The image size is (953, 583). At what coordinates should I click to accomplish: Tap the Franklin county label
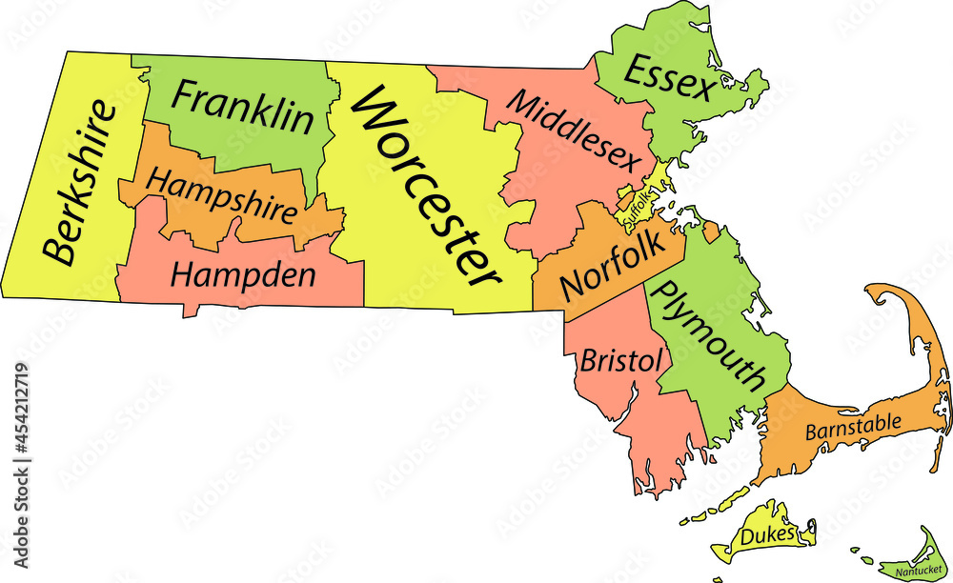click(x=243, y=107)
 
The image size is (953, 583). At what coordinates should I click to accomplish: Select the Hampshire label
click(x=223, y=195)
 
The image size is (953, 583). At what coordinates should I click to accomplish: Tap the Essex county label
click(x=669, y=77)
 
